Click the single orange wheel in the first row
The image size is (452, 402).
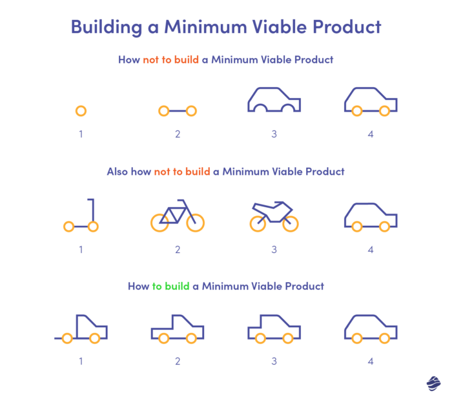[x=81, y=111]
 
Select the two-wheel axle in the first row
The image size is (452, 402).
[x=177, y=111]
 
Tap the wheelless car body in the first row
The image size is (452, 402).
[x=274, y=99]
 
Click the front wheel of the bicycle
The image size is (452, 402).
[x=196, y=223]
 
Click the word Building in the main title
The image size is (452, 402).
[x=105, y=28]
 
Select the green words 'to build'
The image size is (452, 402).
[x=170, y=286]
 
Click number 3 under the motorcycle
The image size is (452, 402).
[x=274, y=249]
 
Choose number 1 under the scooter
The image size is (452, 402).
[x=81, y=249]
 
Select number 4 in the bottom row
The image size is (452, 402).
[x=371, y=361]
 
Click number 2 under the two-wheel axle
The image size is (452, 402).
[x=177, y=134]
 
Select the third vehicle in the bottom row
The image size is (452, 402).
[x=274, y=328]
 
